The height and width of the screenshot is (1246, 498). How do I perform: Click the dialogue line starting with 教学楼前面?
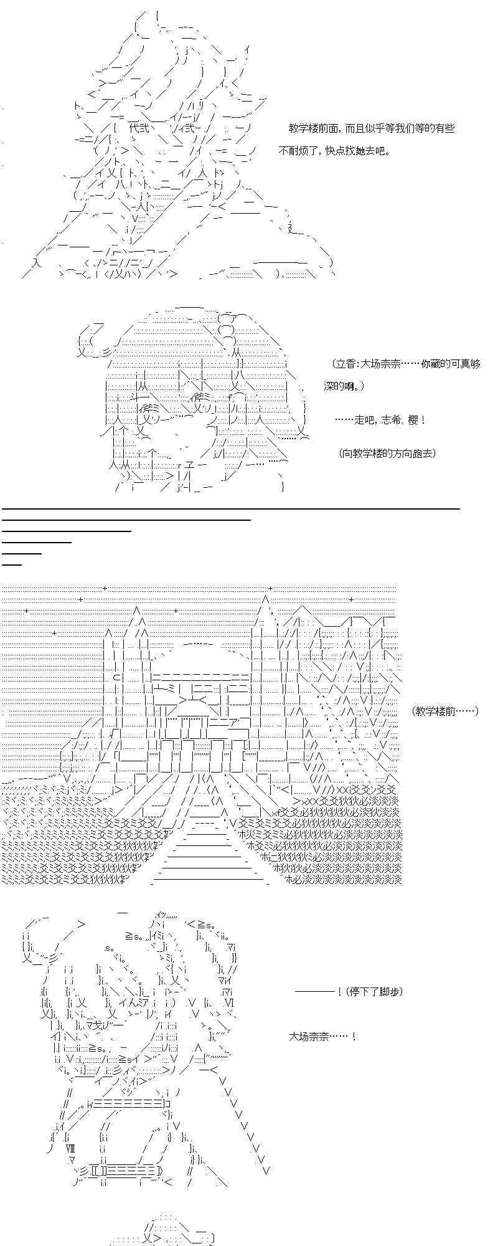(371, 128)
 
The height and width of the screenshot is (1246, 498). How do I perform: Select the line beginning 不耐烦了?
(334, 151)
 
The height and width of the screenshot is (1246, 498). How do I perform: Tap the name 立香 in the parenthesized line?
(346, 364)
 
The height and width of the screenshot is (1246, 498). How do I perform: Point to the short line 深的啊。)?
(344, 387)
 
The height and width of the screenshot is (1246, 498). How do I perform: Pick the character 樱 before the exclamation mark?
(415, 420)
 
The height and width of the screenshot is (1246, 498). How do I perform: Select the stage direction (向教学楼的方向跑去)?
(388, 453)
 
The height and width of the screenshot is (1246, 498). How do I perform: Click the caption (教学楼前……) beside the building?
(445, 710)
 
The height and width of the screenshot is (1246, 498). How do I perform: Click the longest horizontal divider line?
(230, 509)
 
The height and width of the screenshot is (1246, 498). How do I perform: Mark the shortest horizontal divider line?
(12, 564)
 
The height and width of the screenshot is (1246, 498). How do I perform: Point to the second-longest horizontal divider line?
(126, 519)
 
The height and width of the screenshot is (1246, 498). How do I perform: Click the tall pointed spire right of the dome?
(265, 607)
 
